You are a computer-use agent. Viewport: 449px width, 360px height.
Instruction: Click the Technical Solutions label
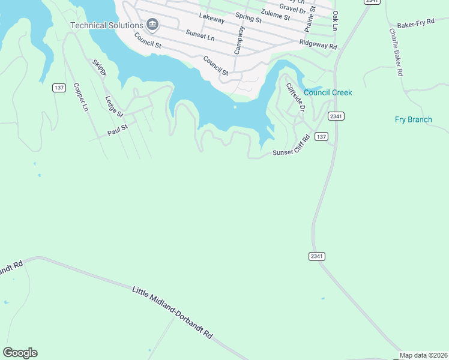106,25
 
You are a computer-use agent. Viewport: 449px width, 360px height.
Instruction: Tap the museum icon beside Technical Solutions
152,25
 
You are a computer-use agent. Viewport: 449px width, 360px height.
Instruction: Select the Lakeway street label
211,19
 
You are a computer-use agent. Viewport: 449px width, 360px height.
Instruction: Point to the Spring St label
249,17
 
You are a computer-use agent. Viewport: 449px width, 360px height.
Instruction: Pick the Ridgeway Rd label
318,44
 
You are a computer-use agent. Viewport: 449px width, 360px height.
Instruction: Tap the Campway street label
240,40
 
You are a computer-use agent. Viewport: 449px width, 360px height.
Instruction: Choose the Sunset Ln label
200,37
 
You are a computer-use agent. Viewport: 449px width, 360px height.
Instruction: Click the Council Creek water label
328,92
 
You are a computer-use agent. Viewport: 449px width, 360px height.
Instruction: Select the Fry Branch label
413,119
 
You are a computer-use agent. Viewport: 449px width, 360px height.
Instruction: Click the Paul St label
118,130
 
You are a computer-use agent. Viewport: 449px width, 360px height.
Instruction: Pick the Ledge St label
113,106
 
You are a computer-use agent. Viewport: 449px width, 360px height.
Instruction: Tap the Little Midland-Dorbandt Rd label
172,311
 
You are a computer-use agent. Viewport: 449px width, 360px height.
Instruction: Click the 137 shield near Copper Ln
59,88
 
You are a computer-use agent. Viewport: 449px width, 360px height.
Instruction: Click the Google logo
20,353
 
